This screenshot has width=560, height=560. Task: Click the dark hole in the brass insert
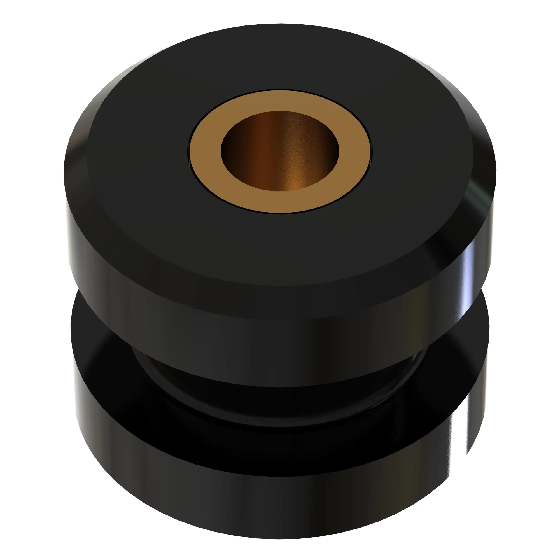point(280,151)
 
